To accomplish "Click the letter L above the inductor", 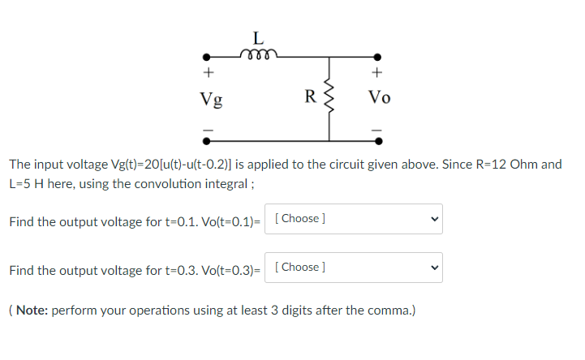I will click(x=258, y=38).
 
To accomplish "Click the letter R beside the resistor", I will click(x=310, y=98).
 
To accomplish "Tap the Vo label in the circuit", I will click(x=379, y=98).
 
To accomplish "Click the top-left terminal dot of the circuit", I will click(x=207, y=58).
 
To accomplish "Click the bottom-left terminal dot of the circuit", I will click(x=207, y=139).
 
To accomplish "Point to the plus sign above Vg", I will click(x=207, y=73).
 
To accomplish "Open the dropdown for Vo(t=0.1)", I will click(x=354, y=219).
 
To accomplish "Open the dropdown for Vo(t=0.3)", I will click(x=354, y=268).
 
